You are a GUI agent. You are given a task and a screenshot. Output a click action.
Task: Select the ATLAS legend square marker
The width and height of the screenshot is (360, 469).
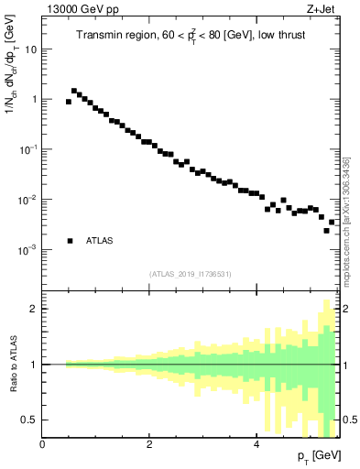pyautogui.click(x=70, y=241)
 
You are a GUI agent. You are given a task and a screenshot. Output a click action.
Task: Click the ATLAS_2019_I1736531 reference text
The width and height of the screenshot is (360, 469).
pyautogui.click(x=191, y=274)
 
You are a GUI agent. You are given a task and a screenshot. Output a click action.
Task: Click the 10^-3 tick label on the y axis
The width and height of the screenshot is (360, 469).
pyautogui.click(x=28, y=249)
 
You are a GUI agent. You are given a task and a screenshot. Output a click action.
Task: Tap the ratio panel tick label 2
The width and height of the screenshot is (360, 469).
pyautogui.click(x=34, y=309)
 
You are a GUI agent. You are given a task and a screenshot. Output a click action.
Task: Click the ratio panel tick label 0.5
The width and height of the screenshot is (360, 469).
pyautogui.click(x=29, y=420)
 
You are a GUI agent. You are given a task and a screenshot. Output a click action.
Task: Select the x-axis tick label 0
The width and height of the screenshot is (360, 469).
pyautogui.click(x=42, y=444)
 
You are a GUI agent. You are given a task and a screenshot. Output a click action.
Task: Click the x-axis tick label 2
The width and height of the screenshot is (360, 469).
pyautogui.click(x=149, y=444)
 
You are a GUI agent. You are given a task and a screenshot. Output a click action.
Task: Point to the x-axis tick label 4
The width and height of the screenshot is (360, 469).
pyautogui.click(x=256, y=444)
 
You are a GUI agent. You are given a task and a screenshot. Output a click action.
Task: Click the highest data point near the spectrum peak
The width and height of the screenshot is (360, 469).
pyautogui.click(x=74, y=91)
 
